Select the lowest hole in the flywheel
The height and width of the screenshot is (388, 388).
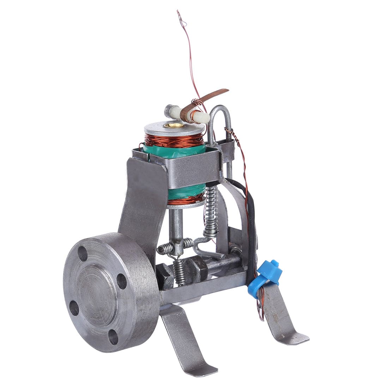click(113, 337)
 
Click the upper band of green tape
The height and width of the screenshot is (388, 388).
click(175, 152)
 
